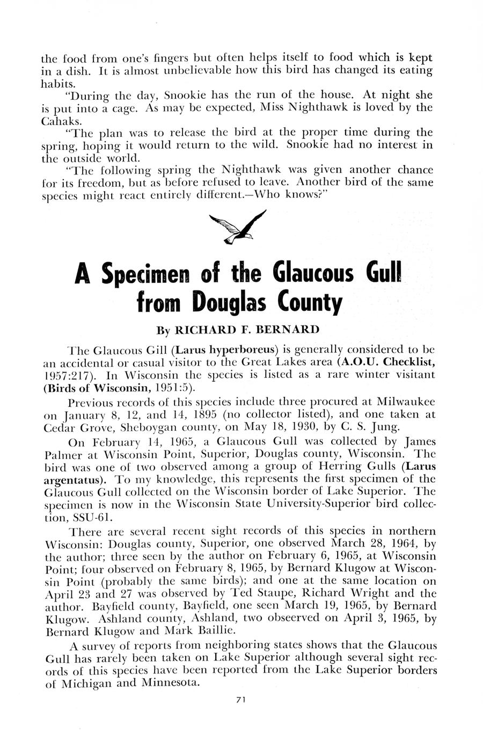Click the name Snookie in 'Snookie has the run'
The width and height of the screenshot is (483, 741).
(x=186, y=95)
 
